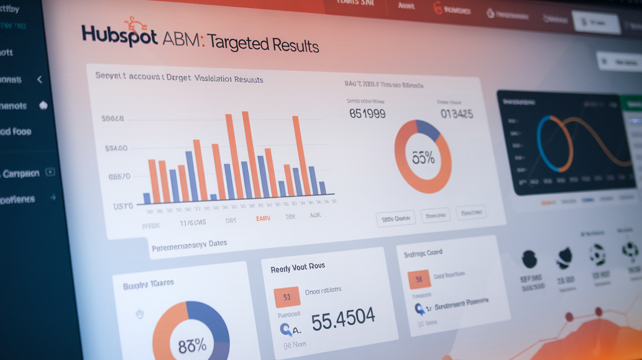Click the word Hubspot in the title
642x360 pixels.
click(119, 36)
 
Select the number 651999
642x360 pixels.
click(367, 114)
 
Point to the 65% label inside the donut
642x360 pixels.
click(423, 157)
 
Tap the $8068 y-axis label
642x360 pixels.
click(113, 118)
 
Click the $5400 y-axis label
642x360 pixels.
click(116, 148)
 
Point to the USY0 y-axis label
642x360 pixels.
click(123, 206)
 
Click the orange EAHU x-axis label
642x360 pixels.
click(263, 219)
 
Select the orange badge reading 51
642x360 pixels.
click(287, 296)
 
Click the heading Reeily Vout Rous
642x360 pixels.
click(298, 268)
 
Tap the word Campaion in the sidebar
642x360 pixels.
click(21, 174)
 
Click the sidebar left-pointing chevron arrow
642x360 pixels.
click(40, 79)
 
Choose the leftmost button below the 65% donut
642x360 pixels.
click(395, 219)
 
